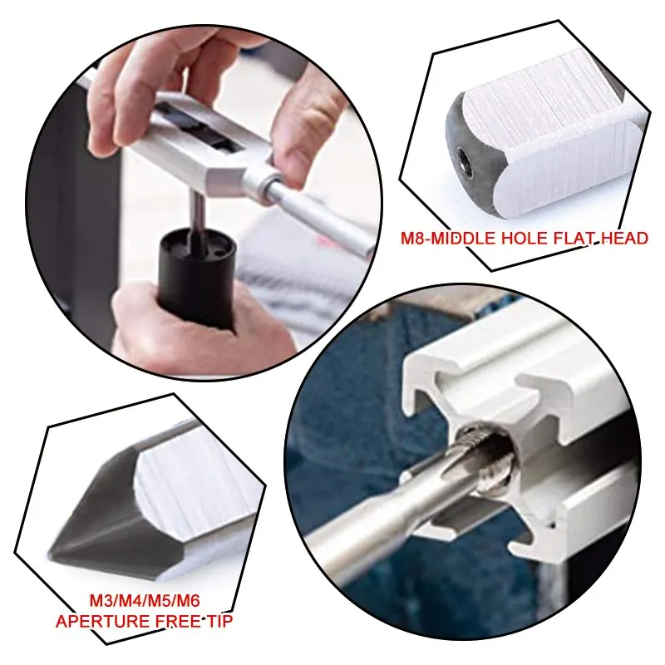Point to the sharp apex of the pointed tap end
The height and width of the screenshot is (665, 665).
(52, 550)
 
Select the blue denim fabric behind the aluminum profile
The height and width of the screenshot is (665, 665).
(349, 391)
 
